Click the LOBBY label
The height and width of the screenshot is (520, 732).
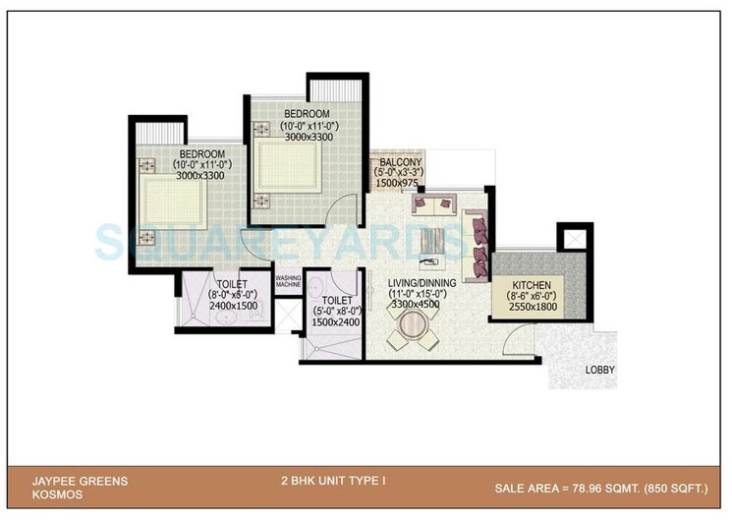[x=599, y=370]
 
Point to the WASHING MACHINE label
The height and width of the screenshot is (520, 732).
[x=287, y=281]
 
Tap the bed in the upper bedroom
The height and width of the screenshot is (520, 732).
[x=285, y=163]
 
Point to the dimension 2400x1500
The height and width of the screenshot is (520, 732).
[x=237, y=306]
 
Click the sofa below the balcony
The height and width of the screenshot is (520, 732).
[x=432, y=207]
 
